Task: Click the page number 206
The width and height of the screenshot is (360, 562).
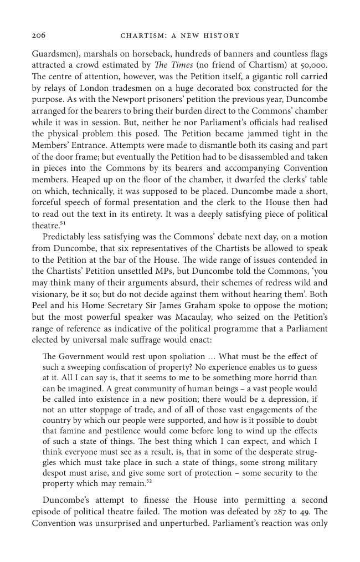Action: click(x=38, y=35)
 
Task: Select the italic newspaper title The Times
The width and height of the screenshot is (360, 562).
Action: click(x=178, y=65)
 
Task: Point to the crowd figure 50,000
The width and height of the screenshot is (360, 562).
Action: click(x=313, y=65)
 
